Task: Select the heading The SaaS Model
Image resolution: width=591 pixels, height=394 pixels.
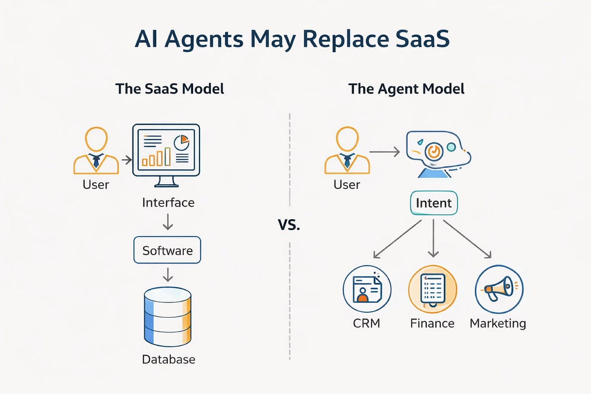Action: point(169,89)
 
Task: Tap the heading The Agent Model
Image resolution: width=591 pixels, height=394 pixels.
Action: point(406,89)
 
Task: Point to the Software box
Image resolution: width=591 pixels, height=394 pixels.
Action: point(167,251)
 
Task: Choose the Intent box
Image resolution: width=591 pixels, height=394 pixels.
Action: point(433,203)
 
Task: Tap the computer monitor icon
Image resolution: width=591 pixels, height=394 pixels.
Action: point(166,155)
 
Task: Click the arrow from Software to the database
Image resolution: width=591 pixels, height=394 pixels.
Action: point(167,274)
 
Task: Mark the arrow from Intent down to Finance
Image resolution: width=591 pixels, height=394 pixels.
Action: point(433,239)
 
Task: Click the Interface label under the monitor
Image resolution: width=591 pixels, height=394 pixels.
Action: point(168,202)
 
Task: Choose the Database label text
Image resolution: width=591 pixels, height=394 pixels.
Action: point(168,360)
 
